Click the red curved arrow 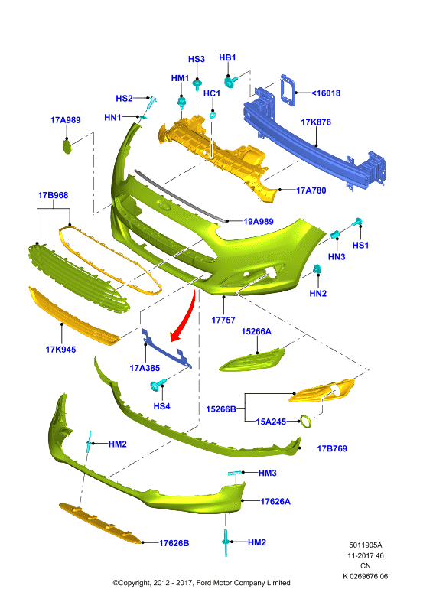tap(187, 317)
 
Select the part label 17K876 tap(316, 122)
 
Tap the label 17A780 tap(311, 190)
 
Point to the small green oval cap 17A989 tap(67, 147)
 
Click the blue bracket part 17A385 tap(166, 349)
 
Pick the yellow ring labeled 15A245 tap(305, 422)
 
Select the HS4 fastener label tap(161, 406)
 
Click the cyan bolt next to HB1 tap(230, 81)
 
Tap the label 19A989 tap(259, 222)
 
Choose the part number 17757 tap(223, 320)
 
